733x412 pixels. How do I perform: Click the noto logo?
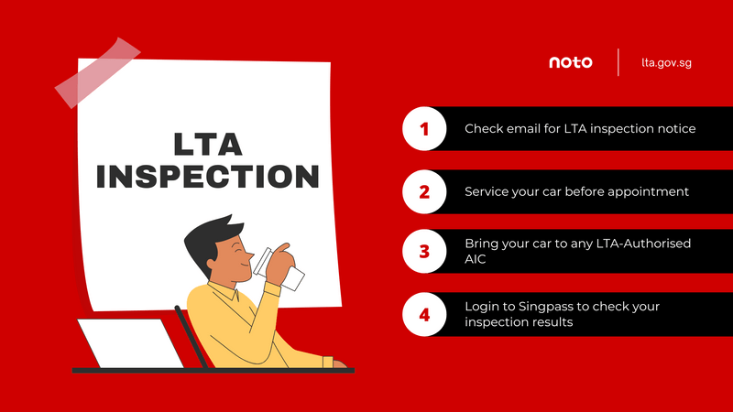pyautogui.click(x=570, y=62)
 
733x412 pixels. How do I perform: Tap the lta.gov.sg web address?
pyautogui.click(x=666, y=62)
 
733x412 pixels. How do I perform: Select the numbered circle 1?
pyautogui.click(x=423, y=129)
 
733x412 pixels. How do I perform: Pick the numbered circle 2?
pyautogui.click(x=423, y=191)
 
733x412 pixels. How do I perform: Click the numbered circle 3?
pyautogui.click(x=423, y=253)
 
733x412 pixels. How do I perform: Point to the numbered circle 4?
pyautogui.click(x=423, y=314)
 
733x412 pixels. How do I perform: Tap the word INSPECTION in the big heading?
pyautogui.click(x=207, y=176)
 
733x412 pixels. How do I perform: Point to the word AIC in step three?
pyautogui.click(x=477, y=260)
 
